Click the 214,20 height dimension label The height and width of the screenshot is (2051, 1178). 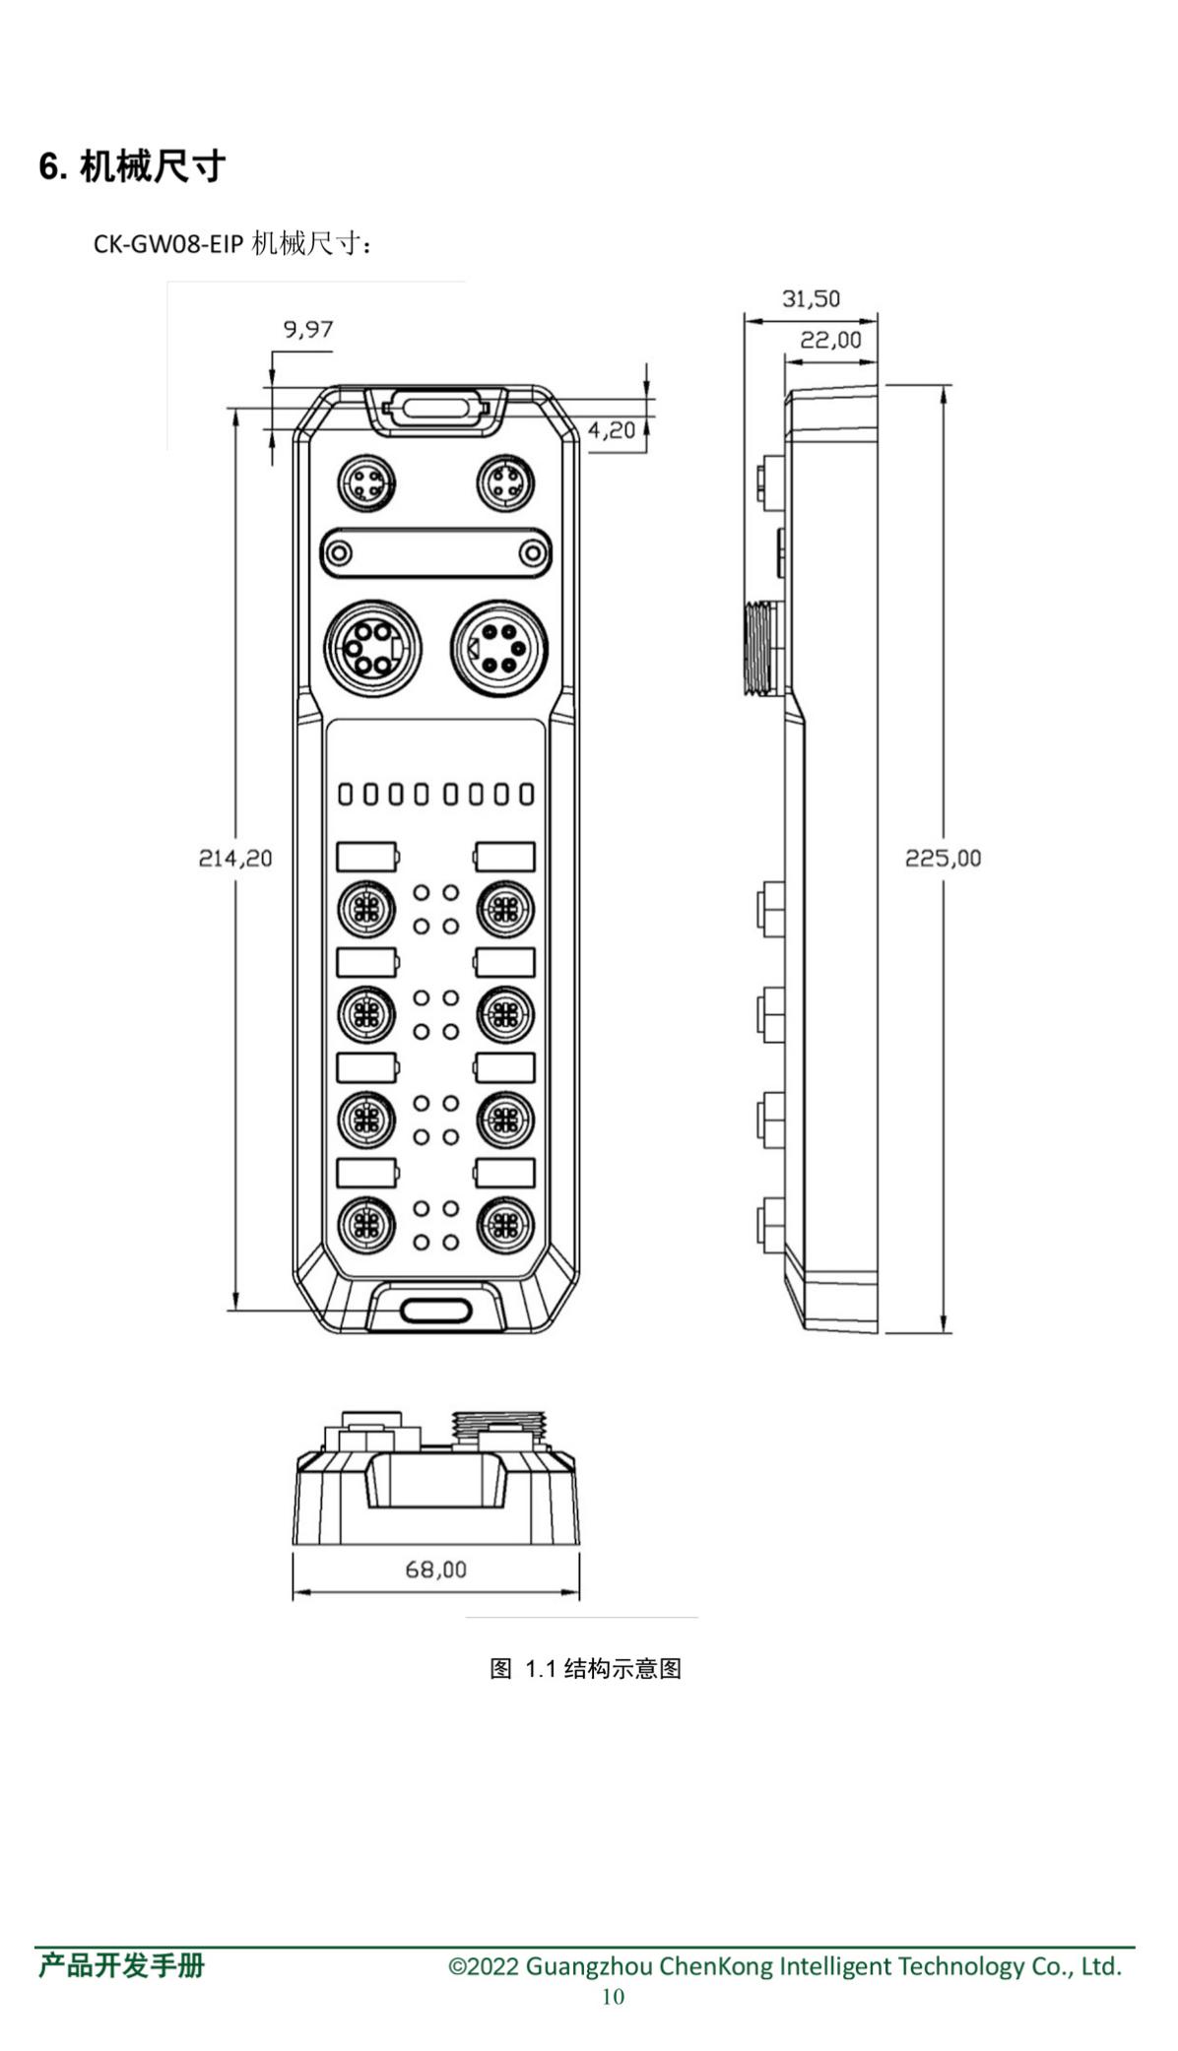click(235, 859)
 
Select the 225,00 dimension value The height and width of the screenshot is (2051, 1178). click(943, 859)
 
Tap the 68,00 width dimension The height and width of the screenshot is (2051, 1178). click(435, 1570)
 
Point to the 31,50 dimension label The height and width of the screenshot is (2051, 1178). click(811, 299)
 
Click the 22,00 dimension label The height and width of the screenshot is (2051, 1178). click(830, 341)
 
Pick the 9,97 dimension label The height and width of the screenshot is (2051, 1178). click(308, 330)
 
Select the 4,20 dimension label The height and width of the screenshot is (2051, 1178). click(611, 430)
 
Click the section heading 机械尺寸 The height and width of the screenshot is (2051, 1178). click(153, 166)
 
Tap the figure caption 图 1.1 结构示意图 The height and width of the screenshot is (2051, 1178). click(585, 1668)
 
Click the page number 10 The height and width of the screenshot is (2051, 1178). click(613, 1996)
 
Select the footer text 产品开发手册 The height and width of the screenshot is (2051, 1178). click(122, 1966)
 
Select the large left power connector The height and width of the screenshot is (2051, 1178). click(366, 649)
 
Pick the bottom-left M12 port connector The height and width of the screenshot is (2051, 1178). click(366, 1225)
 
